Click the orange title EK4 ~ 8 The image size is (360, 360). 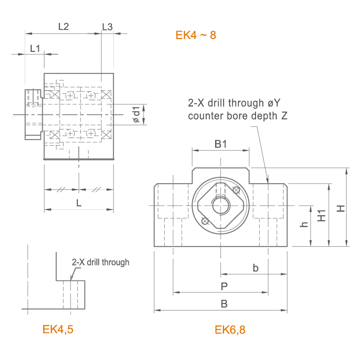pyautogui.click(x=196, y=35)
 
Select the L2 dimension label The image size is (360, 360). pyautogui.click(x=63, y=27)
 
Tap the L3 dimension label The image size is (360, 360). pyautogui.click(x=107, y=27)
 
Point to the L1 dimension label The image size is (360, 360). pyautogui.click(x=35, y=49)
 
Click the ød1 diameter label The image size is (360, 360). pyautogui.click(x=136, y=114)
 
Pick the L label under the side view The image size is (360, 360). pyautogui.click(x=79, y=203)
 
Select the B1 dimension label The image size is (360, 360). pyautogui.click(x=220, y=144)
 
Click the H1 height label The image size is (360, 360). pyautogui.click(x=321, y=216)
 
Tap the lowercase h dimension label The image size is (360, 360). pyautogui.click(x=304, y=224)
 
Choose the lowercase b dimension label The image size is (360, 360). pyautogui.click(x=256, y=268)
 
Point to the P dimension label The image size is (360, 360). pyautogui.click(x=224, y=286)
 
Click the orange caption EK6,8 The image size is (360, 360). pyautogui.click(x=230, y=330)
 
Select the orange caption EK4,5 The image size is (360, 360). pyautogui.click(x=58, y=329)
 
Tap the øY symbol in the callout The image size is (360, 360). pyautogui.click(x=274, y=103)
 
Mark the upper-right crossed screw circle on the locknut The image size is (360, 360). pyautogui.click(x=236, y=190)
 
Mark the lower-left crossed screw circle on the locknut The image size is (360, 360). pyautogui.click(x=205, y=221)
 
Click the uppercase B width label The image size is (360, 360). pyautogui.click(x=224, y=304)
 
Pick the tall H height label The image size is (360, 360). pyautogui.click(x=341, y=208)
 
